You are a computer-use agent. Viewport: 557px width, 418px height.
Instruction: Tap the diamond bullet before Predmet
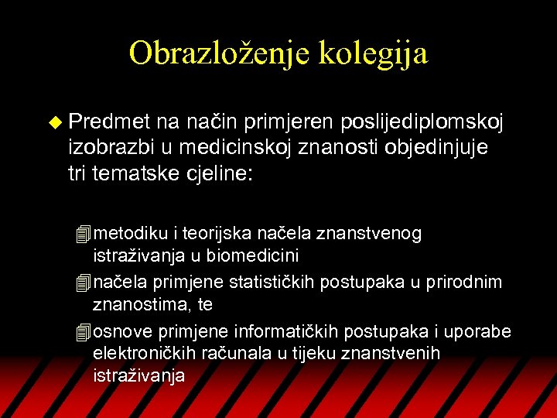[x=53, y=122]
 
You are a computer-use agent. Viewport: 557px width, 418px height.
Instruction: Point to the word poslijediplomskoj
[x=422, y=122]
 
